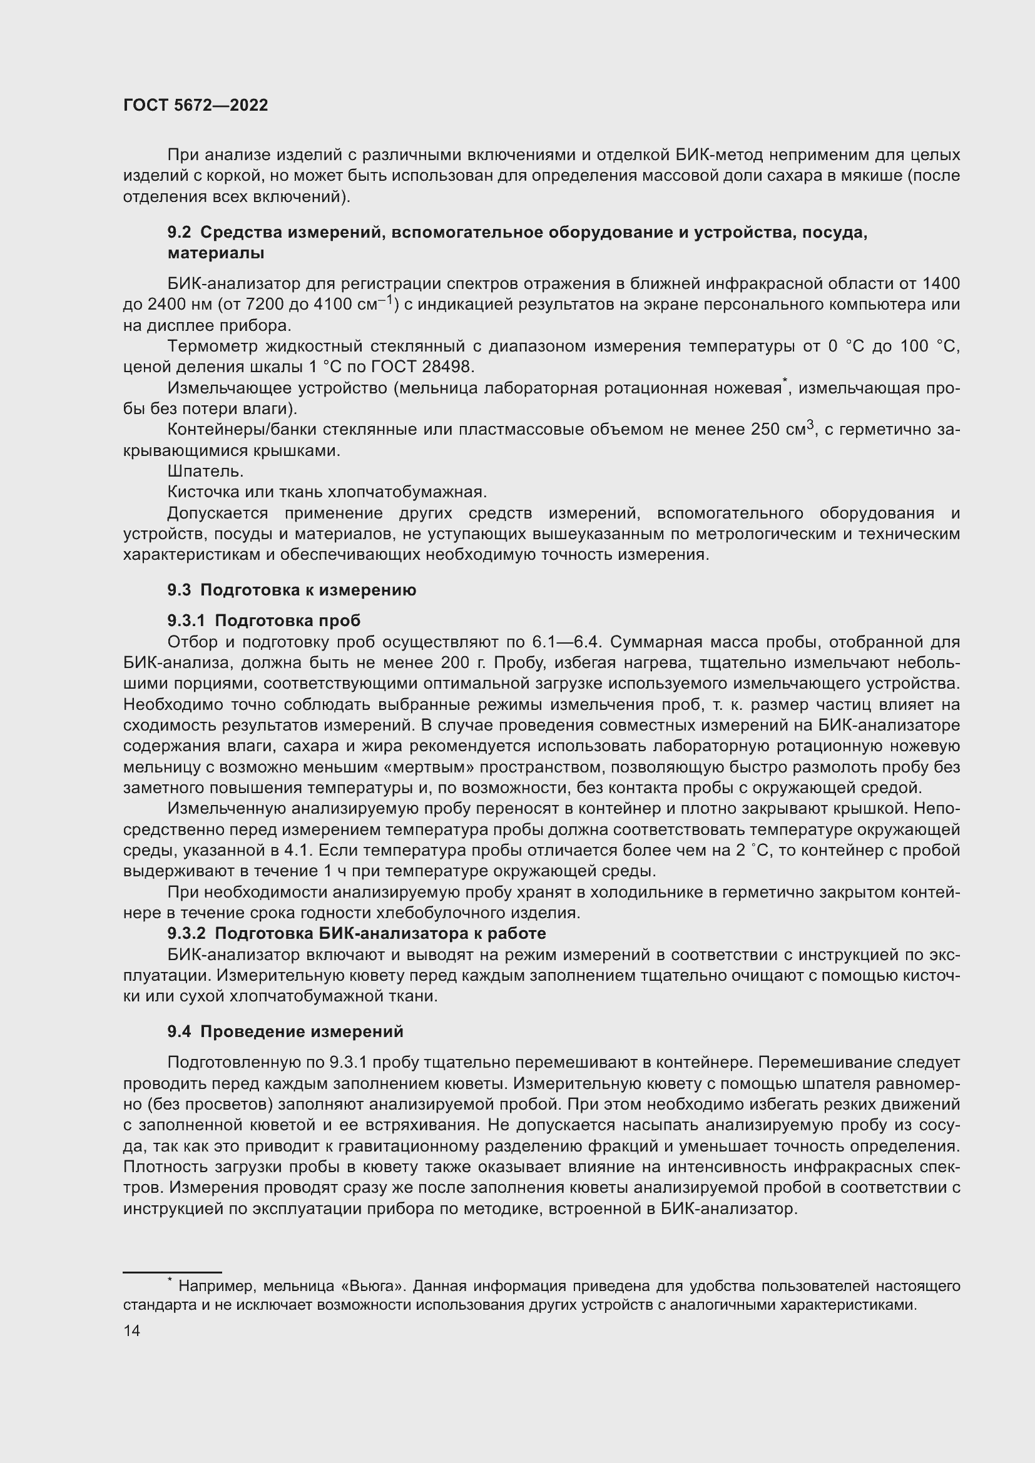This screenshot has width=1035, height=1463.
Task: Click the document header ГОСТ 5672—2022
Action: click(195, 105)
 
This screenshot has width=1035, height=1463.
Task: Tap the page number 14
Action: click(132, 1330)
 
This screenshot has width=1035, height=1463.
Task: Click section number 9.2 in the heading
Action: click(179, 233)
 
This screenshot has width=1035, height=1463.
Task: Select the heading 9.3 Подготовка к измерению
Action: click(291, 590)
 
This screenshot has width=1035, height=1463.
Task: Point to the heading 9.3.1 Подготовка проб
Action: click(264, 620)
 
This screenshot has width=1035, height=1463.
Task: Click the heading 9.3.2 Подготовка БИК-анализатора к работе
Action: click(356, 933)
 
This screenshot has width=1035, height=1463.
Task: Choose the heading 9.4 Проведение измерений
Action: click(285, 1031)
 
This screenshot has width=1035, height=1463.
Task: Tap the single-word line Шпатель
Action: click(205, 472)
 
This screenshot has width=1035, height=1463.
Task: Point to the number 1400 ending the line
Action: click(941, 283)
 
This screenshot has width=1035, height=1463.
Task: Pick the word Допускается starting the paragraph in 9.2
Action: click(217, 514)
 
